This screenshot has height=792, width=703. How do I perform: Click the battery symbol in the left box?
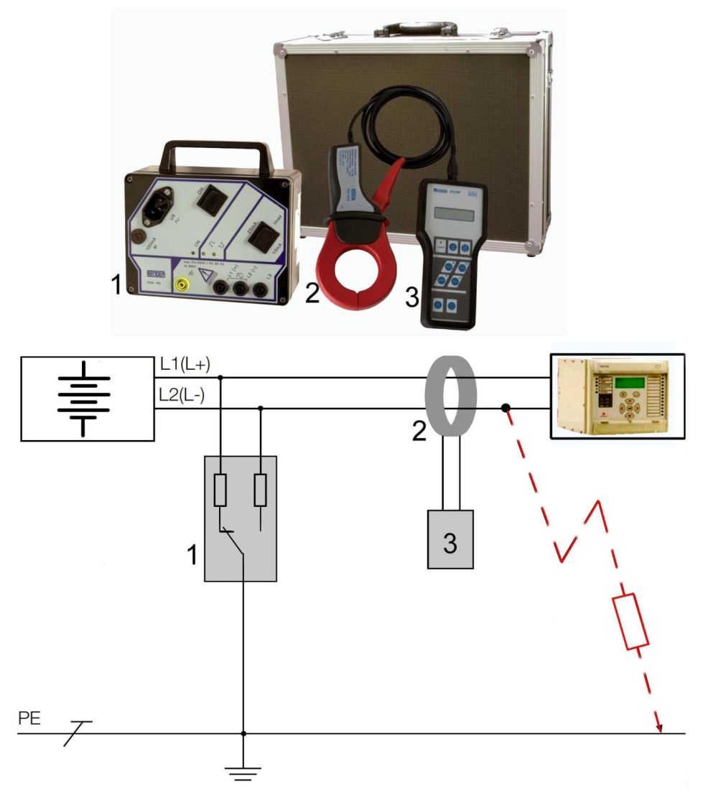(84, 398)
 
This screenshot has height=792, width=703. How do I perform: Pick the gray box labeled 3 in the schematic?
(450, 539)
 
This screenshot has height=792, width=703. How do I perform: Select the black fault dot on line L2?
(506, 409)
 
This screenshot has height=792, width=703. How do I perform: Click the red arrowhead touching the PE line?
(659, 729)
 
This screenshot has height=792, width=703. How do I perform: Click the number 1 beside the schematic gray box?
(192, 554)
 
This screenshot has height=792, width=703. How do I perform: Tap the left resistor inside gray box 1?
(221, 490)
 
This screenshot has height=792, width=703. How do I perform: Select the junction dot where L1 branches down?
(220, 377)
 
